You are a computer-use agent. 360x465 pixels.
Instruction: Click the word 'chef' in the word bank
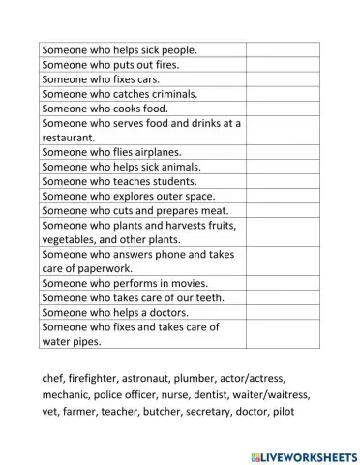(x=55, y=378)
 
